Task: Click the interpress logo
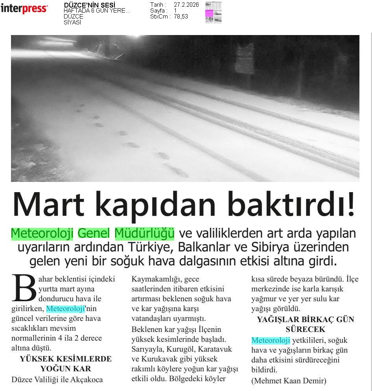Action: click(24, 9)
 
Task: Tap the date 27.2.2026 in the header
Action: click(186, 5)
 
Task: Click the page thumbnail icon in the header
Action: click(213, 13)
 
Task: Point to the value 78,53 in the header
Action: click(181, 17)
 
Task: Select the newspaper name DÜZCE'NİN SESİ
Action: click(89, 5)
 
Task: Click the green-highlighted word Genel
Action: click(94, 233)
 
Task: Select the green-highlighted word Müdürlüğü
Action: click(144, 233)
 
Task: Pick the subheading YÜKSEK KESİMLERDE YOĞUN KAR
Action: click(66, 364)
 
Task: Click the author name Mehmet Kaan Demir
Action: click(289, 381)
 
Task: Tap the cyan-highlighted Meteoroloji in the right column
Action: click(271, 340)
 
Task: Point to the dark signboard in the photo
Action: click(245, 59)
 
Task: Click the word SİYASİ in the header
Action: click(72, 22)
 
